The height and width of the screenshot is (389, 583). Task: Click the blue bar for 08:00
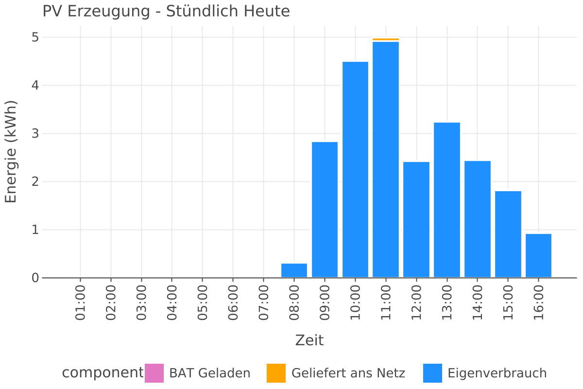pyautogui.click(x=294, y=270)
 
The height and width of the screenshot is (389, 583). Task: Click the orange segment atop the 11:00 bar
pyautogui.click(x=386, y=39)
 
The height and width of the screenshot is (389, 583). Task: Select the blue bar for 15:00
pyautogui.click(x=508, y=234)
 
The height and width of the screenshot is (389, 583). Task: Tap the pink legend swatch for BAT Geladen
pyautogui.click(x=154, y=373)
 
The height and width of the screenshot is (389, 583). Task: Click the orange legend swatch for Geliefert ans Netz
pyautogui.click(x=276, y=373)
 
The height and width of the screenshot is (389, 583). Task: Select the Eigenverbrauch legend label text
pyautogui.click(x=497, y=373)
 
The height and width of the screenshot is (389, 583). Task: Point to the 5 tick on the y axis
pyautogui.click(x=35, y=37)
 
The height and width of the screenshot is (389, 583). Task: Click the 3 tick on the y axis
pyautogui.click(x=35, y=134)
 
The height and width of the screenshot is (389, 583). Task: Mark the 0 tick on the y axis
pyautogui.click(x=35, y=278)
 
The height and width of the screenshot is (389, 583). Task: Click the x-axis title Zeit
pyautogui.click(x=309, y=340)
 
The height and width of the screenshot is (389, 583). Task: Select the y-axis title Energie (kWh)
pyautogui.click(x=11, y=152)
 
